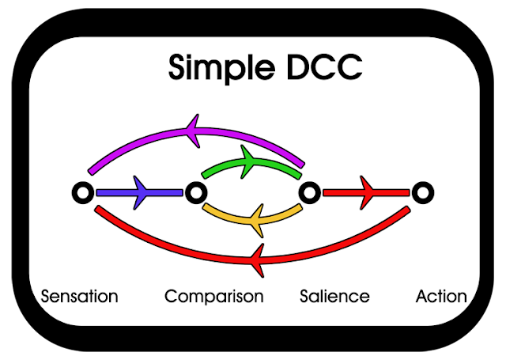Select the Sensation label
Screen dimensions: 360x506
[79, 297]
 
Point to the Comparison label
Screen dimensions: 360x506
[213, 297]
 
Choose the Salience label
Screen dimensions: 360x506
[334, 297]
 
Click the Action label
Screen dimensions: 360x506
[441, 297]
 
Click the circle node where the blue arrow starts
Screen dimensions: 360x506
[82, 191]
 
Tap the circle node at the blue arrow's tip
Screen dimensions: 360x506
[194, 191]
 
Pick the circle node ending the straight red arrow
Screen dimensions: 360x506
[423, 191]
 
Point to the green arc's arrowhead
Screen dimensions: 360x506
[251, 161]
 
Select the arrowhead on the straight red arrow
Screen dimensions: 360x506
[368, 191]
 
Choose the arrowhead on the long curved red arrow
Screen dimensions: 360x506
[257, 256]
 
